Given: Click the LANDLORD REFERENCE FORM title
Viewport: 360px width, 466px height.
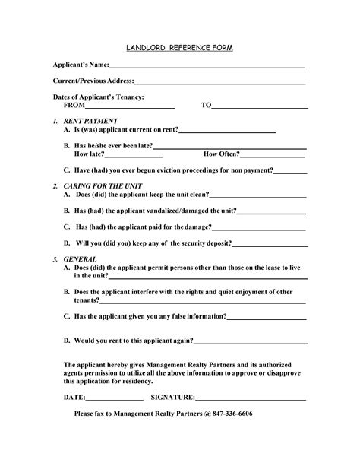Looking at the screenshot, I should tap(179, 48).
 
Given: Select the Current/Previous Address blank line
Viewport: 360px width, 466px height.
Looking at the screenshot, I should tap(219, 82).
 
